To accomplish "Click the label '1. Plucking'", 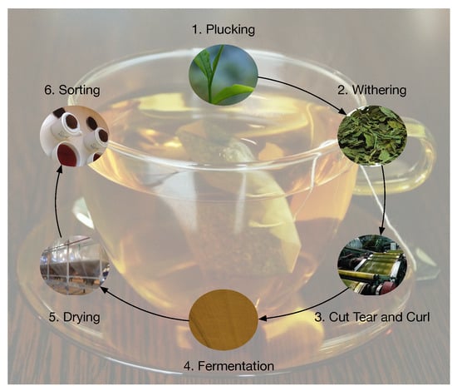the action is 224,30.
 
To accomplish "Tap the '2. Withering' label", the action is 372,90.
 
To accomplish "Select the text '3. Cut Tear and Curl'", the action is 372,317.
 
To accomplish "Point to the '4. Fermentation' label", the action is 228,366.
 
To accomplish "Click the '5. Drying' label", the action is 74,317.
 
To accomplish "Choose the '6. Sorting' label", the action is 72,90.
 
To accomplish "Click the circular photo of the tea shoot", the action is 224,75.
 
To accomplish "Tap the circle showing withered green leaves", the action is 372,135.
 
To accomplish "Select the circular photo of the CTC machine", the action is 372,265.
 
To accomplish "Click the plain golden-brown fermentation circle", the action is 224,319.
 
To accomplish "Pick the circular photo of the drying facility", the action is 75,265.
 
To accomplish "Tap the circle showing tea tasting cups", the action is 75,136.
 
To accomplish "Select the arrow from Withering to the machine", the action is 384,200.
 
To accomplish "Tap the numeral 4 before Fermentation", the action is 187,366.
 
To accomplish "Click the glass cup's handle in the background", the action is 420,157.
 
